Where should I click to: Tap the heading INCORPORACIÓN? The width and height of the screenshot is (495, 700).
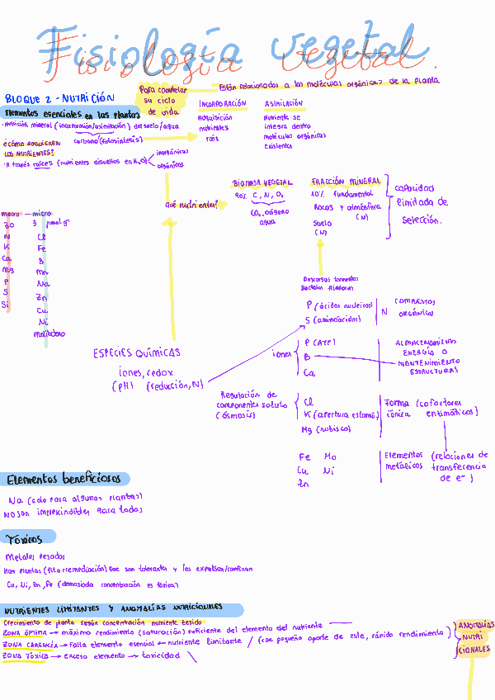coord(223,104)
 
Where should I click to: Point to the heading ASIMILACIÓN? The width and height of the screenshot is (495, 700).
coord(284,104)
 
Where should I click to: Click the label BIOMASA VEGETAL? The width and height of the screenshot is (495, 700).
coord(262,182)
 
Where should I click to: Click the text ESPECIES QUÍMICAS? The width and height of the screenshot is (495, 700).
coord(137,353)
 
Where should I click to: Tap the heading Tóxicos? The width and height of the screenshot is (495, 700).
coord(24,539)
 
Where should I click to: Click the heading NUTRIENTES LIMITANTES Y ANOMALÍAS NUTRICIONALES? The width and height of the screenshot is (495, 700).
coord(113,608)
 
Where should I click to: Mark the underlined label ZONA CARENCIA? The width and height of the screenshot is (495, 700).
coord(30,644)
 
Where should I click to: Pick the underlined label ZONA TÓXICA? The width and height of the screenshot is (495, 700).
coord(26,656)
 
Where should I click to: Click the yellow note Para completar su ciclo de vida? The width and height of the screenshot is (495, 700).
coord(164,100)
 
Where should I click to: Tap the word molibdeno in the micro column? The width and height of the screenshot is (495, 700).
coord(49,334)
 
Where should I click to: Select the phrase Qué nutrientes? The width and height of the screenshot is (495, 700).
coord(191,203)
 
